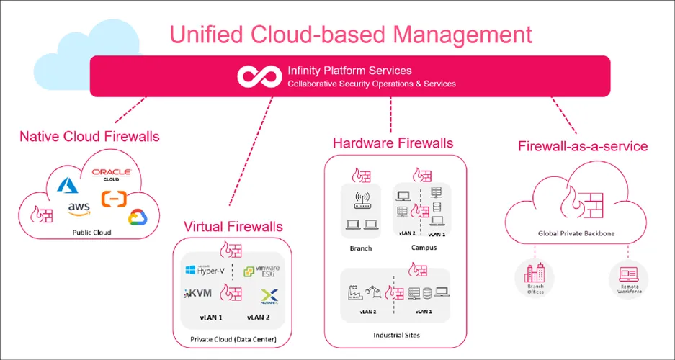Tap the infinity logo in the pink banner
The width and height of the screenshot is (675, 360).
[x=259, y=76]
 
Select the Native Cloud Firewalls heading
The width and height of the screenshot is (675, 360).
[x=89, y=136]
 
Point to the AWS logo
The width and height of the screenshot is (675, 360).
[x=79, y=209]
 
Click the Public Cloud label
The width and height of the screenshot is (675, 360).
[x=91, y=233]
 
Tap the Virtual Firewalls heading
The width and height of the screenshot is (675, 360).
[x=233, y=227]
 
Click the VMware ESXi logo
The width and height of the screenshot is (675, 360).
[x=261, y=271]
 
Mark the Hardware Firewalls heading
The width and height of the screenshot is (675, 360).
[x=393, y=143]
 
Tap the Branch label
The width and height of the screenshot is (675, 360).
[x=361, y=248]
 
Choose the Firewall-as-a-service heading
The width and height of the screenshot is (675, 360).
[x=583, y=147]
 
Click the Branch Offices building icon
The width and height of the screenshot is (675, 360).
[x=535, y=274]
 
